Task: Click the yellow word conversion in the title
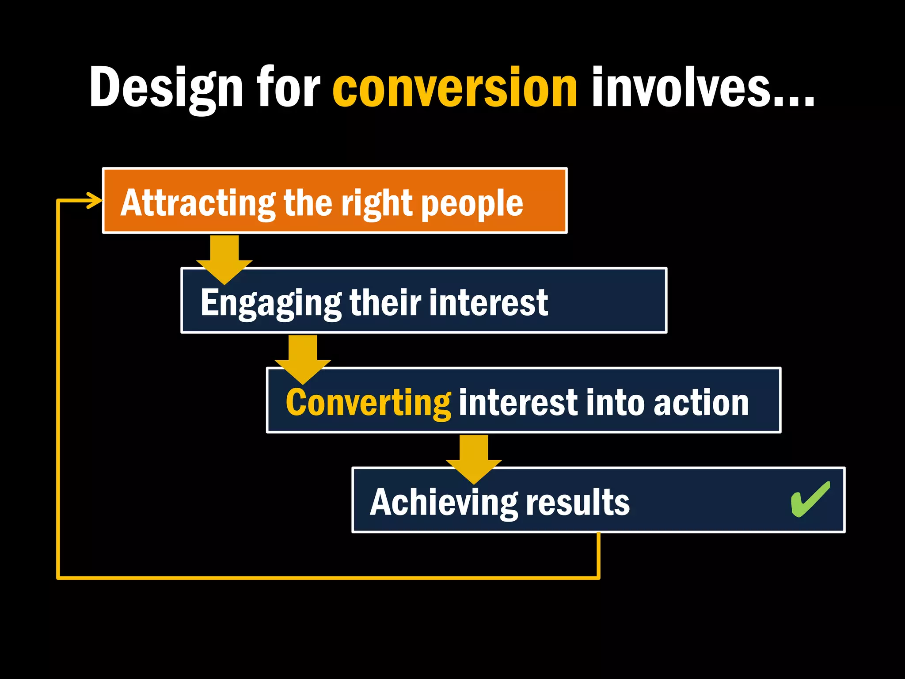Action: (455, 88)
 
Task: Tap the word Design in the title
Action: (166, 88)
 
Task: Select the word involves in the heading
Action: (703, 88)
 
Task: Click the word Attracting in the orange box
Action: (198, 203)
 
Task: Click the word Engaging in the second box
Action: (271, 303)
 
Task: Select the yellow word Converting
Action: (368, 403)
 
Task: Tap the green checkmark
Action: (810, 500)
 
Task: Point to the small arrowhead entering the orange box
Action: (95, 200)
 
